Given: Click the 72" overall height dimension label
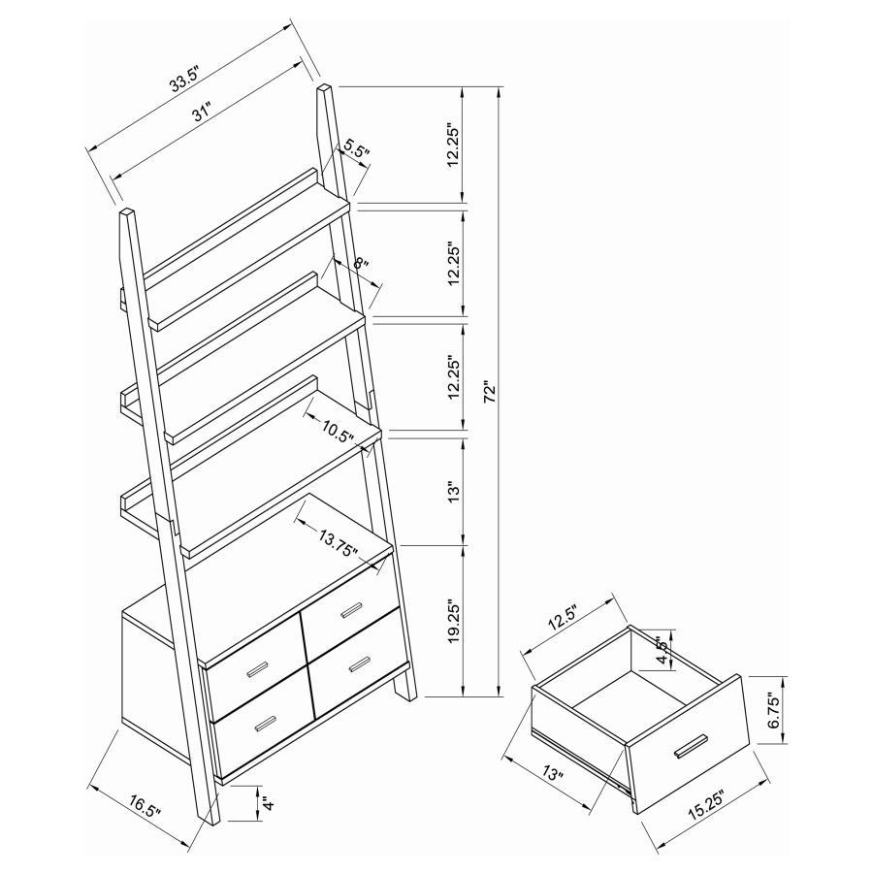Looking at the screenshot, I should [491, 392].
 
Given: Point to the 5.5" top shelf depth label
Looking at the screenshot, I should [356, 151].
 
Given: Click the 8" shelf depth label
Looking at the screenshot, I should [361, 264].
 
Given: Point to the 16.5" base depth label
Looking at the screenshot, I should [144, 804].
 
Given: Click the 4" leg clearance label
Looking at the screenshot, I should [267, 803].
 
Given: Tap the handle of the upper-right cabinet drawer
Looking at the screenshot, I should [350, 608].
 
